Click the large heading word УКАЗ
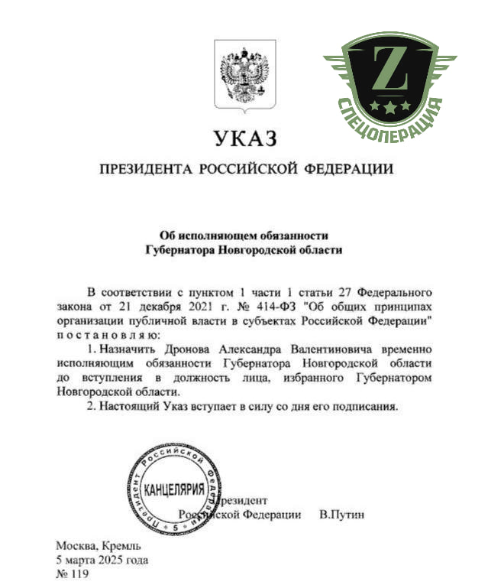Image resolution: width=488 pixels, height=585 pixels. pos(243,139)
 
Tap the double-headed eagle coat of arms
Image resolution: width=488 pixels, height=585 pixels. pos(242,76)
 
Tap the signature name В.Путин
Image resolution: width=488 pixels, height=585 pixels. pos(341,515)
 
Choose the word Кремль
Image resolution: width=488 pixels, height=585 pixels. pos(120,547)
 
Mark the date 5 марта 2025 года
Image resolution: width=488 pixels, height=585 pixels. pos(102,561)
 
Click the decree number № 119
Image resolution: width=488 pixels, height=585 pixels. pos(73,574)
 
